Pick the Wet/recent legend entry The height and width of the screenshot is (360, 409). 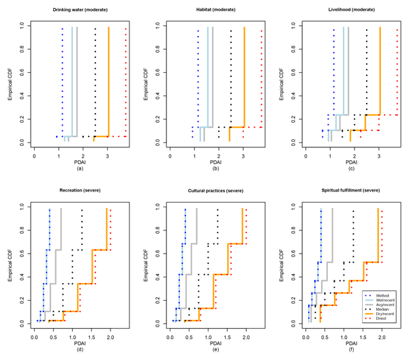click(379, 299)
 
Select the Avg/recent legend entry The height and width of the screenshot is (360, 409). click(379, 305)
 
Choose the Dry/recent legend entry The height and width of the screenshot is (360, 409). click(379, 316)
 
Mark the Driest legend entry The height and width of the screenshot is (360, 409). click(376, 321)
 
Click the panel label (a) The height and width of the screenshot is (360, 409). click(80, 168)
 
